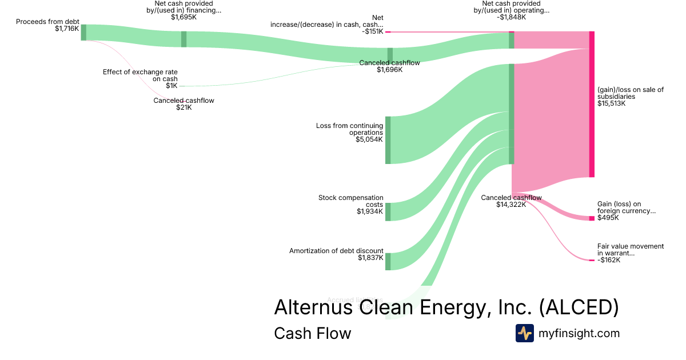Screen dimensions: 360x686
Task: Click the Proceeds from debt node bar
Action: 83,33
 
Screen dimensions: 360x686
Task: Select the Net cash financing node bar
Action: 184,39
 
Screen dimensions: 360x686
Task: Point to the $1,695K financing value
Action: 184,17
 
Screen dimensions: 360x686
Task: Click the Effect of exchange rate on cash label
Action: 140,75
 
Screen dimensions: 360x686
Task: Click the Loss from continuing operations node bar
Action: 388,140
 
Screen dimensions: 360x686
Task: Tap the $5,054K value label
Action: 369,139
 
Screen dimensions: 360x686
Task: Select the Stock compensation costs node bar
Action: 388,211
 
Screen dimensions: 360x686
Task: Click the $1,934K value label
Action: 370,211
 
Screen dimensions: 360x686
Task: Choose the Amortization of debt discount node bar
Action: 388,261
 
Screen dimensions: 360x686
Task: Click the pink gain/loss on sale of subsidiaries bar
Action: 592,104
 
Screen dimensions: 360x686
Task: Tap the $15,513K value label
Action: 611,104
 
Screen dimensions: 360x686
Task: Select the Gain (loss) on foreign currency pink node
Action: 592,218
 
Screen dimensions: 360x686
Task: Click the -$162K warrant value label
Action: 609,260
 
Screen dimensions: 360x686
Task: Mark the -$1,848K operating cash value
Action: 512,17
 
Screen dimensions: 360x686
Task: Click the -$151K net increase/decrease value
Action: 372,31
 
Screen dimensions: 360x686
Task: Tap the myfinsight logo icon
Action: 524,333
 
